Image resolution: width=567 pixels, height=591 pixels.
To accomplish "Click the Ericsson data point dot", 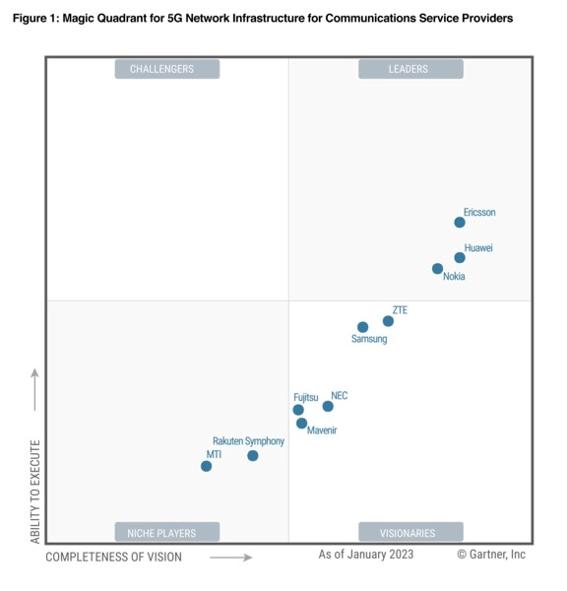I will pos(460,223).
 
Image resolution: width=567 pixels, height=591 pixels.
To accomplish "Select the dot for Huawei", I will pos(460,258).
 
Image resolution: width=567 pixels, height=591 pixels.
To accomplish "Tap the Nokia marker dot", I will pos(438,269).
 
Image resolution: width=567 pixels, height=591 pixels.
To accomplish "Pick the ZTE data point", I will pos(388,321).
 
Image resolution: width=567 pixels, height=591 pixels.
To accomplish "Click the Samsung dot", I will pos(362,327).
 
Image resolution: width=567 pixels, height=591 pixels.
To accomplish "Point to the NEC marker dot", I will pos(328,406).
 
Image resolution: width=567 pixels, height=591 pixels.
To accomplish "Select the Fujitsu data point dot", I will pos(298,410).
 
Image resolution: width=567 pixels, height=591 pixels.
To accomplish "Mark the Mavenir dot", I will pos(302,424).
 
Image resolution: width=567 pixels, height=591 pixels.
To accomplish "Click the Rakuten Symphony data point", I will pos(253,455).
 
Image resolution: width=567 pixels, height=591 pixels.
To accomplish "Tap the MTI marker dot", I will pos(206,466).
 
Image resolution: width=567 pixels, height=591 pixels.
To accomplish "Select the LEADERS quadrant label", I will pos(408,69).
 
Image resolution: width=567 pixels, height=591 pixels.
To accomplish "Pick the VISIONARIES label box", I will pos(408,533).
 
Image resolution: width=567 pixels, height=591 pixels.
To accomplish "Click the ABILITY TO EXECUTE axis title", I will pos(35,490).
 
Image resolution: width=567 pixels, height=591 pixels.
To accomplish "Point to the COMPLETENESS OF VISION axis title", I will pos(113,558).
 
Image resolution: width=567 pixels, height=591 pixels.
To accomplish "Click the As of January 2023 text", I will pos(366,555).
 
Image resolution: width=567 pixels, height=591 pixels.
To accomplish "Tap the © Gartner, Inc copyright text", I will pos(491,555).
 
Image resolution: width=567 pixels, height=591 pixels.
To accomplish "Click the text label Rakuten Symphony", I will pos(249,441).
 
